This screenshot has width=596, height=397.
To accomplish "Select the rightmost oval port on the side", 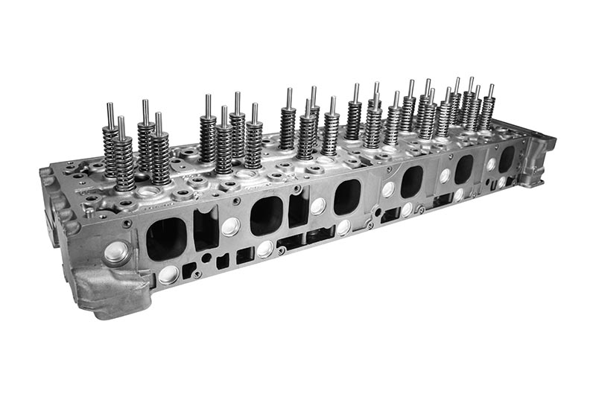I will tap(507, 159).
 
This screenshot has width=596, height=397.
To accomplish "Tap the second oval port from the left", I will tap(266, 216).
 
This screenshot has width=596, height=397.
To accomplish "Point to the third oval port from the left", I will tap(346, 197).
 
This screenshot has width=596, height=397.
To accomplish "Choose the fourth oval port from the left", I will tap(411, 181).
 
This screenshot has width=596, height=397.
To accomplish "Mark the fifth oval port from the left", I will tap(464, 169).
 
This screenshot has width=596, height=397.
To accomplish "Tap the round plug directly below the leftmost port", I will tap(169, 275).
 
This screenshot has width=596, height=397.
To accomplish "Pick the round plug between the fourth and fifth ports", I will tap(445, 176).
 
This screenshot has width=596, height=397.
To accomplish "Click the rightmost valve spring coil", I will tap(486, 112).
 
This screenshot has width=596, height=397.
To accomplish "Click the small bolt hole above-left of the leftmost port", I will tap(128, 223).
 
